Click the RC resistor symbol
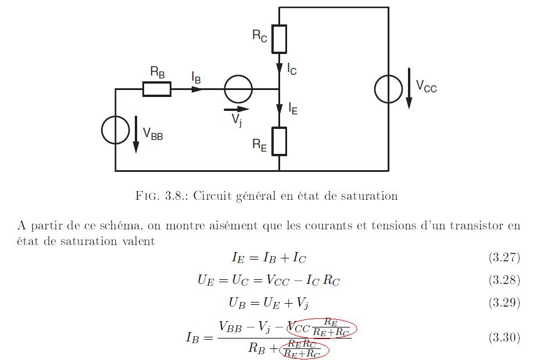tap(279, 39)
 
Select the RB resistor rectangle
tap(157, 89)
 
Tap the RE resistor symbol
tap(279, 141)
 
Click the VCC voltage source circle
tap(388, 89)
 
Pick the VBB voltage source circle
tap(116, 130)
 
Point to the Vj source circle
tap(238, 89)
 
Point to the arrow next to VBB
tap(136, 135)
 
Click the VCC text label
tap(426, 87)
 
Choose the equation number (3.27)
tap(504, 257)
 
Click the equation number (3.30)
tap(504, 337)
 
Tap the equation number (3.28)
tap(504, 280)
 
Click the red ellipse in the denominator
tap(305, 350)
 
